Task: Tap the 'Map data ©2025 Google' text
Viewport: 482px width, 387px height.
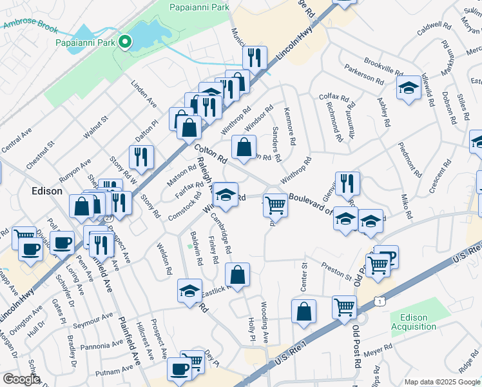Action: point(442,382)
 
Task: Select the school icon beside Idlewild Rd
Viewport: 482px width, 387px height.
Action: point(408,89)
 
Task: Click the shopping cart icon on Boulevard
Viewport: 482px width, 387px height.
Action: point(276,205)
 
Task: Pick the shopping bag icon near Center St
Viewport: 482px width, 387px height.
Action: point(304,312)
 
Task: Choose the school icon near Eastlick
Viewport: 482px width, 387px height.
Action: point(190,292)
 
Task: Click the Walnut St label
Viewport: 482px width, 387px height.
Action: point(95,127)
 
